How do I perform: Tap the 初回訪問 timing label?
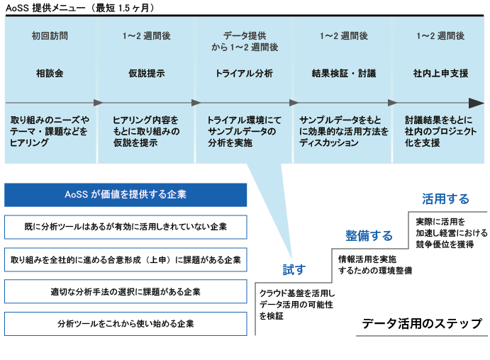(x=50, y=35)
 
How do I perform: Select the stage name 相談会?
(x=50, y=73)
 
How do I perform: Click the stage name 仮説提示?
(x=147, y=73)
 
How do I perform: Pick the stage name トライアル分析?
(x=244, y=73)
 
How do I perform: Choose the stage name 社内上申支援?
(x=440, y=73)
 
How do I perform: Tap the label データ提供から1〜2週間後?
(x=244, y=41)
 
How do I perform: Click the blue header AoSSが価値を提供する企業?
(x=126, y=195)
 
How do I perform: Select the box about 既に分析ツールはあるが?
(x=126, y=227)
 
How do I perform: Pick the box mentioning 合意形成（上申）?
(x=126, y=259)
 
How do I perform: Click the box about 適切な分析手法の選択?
(x=126, y=291)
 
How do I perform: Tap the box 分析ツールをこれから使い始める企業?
(x=126, y=323)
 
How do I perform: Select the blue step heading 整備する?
(x=369, y=235)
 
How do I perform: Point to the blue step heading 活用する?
(x=445, y=198)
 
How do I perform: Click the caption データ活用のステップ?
(x=421, y=324)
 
